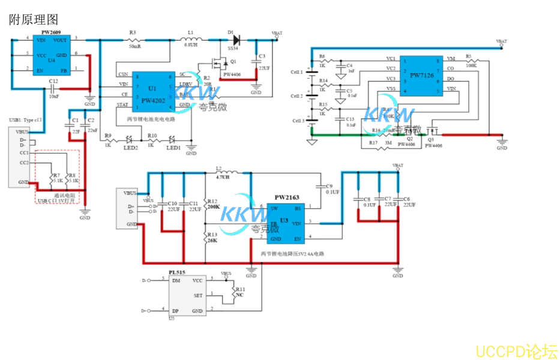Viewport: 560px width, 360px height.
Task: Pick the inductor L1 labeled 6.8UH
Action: point(190,40)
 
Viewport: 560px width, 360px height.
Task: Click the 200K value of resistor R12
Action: point(212,207)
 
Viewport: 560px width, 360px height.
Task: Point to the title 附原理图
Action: point(34,20)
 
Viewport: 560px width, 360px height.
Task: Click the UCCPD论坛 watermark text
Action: point(516,351)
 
